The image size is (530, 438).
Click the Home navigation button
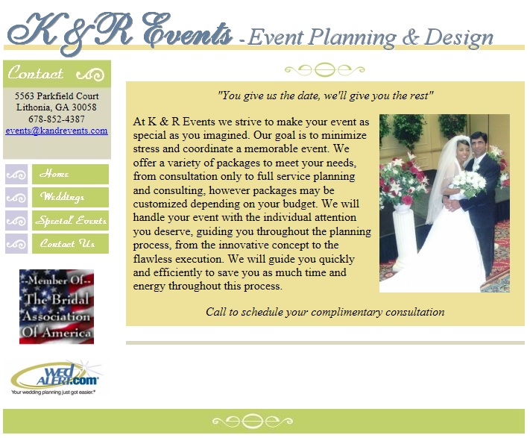point(70,174)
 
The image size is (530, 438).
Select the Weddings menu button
point(70,197)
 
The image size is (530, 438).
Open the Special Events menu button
point(70,221)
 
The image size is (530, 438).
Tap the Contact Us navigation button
point(70,243)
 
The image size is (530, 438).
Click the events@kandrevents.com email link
point(57,131)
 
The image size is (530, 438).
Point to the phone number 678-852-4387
point(57,119)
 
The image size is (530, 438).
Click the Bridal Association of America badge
point(57,307)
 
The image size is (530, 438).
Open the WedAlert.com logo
point(56,378)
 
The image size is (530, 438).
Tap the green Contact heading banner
point(57,74)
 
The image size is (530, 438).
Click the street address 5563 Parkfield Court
point(57,96)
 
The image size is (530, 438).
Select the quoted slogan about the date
point(325,96)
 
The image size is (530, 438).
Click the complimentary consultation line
point(325,312)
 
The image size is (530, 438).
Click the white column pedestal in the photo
point(403,236)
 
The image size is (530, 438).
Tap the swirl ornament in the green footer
point(253,422)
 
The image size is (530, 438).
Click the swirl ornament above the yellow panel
point(325,69)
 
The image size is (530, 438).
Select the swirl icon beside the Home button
point(16,174)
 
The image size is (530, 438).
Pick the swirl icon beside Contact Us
point(16,243)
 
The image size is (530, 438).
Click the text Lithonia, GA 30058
point(57,107)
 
